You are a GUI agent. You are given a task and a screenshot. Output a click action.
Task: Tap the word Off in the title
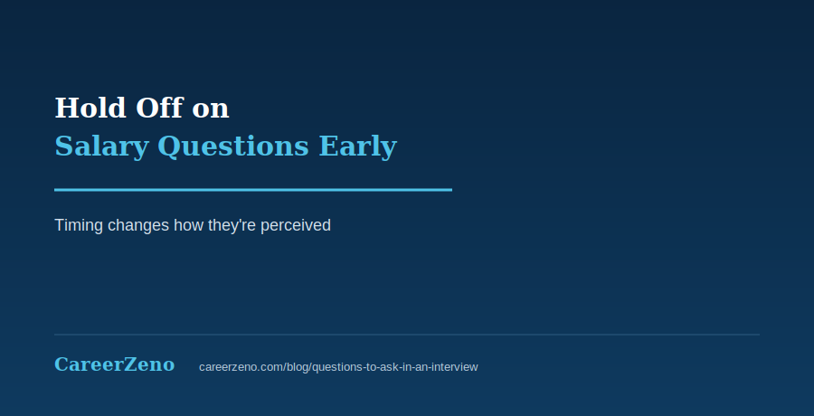click(159, 108)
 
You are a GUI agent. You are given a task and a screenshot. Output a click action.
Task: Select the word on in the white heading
click(210, 110)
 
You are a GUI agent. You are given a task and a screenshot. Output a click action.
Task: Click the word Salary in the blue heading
click(101, 147)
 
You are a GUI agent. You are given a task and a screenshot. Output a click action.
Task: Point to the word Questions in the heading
click(233, 146)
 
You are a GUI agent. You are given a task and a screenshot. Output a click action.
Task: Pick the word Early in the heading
click(357, 147)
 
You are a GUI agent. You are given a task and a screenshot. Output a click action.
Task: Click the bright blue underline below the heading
click(253, 190)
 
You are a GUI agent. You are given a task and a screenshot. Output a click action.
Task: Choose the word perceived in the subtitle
click(296, 226)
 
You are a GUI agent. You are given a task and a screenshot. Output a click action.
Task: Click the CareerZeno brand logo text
click(115, 364)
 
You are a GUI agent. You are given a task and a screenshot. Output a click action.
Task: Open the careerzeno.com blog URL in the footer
click(338, 367)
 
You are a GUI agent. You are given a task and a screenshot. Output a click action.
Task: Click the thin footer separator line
click(407, 335)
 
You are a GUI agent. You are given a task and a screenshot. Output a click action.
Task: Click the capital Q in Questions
click(167, 147)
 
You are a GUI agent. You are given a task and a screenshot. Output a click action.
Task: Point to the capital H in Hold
click(64, 108)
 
